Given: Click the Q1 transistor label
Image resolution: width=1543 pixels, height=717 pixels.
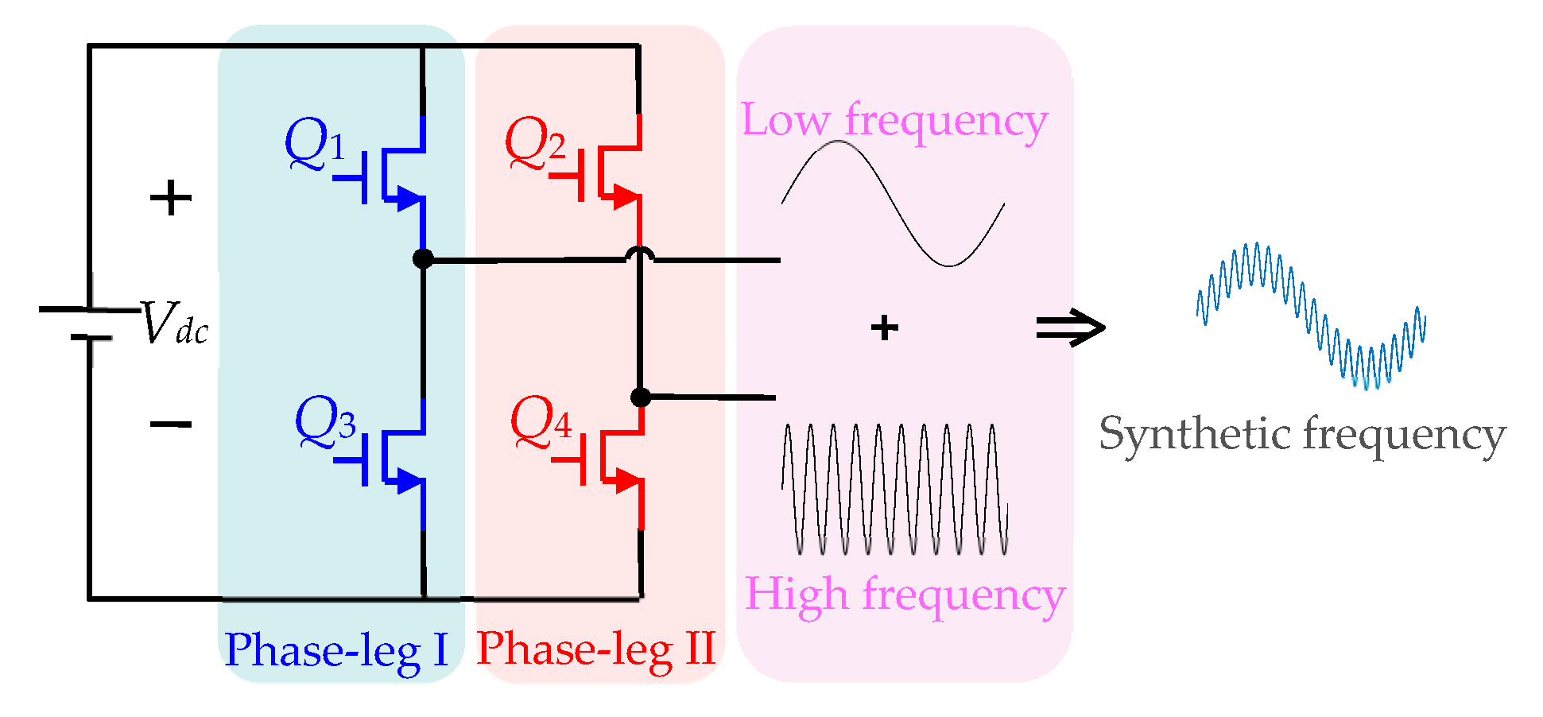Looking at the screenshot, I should coord(315,144).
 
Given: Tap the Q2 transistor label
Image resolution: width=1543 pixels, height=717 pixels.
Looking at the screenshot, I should coord(535,143).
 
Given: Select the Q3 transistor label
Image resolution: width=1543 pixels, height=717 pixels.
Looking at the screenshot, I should coord(325,421).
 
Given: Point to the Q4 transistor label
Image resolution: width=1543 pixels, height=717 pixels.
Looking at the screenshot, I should coord(541,421).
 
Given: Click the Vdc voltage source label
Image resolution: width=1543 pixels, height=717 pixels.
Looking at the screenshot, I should coord(174,324).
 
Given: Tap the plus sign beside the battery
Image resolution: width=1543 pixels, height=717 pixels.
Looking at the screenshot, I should coord(171,198).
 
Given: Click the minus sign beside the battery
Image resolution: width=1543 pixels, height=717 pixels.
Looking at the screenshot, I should coord(171,424).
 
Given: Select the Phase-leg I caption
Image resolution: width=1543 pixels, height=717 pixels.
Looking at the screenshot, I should coord(336,650).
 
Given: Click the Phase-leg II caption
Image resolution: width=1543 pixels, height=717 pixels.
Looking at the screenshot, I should coord(596,649).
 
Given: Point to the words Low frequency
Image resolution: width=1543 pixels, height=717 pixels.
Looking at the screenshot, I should coord(894,122).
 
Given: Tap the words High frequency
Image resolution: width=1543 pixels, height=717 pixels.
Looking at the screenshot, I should coord(905,595).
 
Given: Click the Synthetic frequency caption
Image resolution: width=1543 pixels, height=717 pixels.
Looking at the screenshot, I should coord(1301,435).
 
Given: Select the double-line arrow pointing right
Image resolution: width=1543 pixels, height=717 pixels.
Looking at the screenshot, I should coord(1070,327).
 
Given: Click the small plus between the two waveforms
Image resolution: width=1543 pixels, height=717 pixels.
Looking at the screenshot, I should coord(884,327).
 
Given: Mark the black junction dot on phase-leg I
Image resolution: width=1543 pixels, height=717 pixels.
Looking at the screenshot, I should coord(423,258).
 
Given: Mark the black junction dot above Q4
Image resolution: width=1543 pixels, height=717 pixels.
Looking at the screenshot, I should coord(640,397).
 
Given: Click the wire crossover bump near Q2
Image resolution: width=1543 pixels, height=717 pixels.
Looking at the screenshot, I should coord(640,254).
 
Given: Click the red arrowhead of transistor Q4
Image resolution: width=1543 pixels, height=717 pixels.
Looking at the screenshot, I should coord(628,480).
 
